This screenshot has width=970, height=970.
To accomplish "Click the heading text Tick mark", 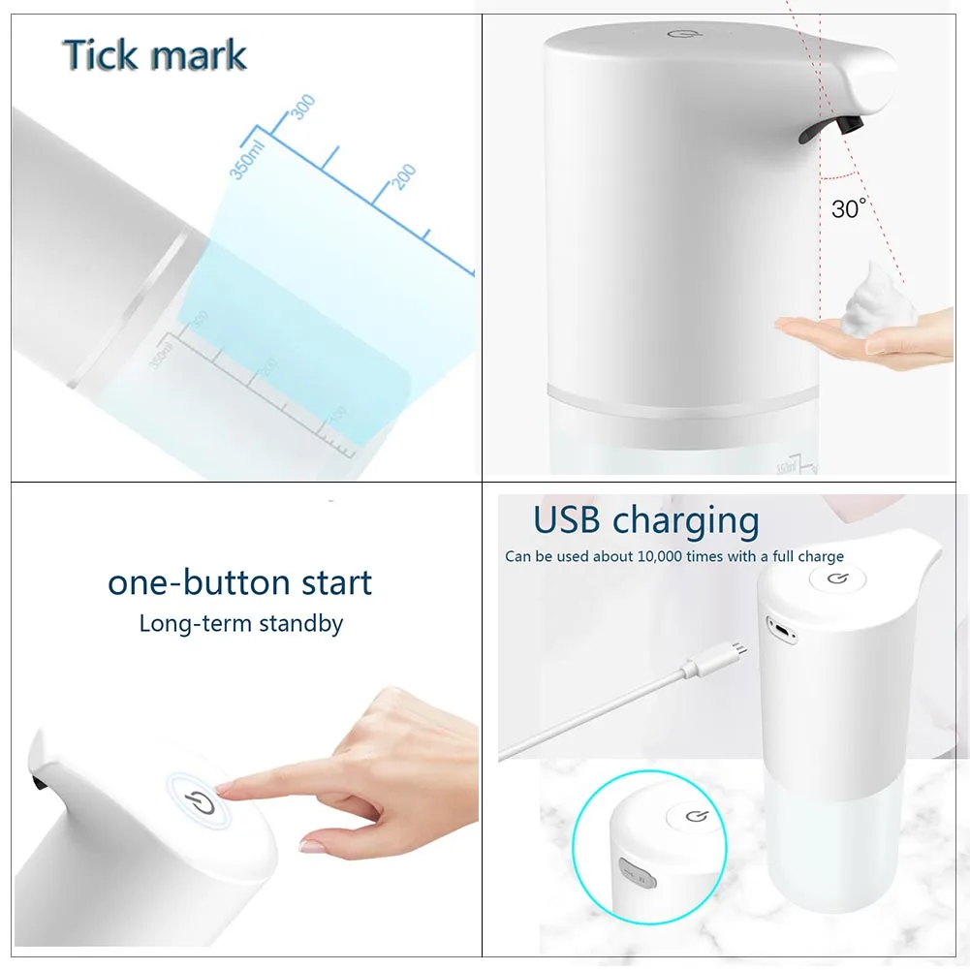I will [155, 55].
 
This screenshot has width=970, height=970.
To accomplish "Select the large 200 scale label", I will [404, 177].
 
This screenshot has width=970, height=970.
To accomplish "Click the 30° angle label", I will [849, 207].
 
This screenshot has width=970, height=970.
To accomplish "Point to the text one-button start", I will [239, 582].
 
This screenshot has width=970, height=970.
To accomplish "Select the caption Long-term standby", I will [240, 623].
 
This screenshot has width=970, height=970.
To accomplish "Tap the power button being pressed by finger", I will [198, 801].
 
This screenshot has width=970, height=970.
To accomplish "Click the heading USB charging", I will [645, 520].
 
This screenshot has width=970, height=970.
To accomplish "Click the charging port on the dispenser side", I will [780, 628].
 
